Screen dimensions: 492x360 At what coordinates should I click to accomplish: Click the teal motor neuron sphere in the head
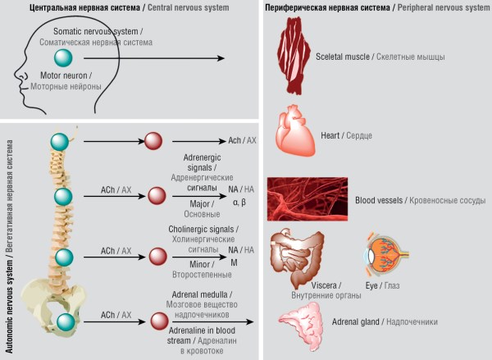[x=63, y=58]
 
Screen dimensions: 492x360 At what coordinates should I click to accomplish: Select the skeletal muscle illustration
[x=294, y=56]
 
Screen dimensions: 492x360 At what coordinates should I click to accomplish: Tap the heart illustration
[x=295, y=131]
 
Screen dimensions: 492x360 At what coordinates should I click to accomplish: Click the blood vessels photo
[x=307, y=199]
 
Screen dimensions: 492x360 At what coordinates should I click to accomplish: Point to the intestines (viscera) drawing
[x=297, y=257]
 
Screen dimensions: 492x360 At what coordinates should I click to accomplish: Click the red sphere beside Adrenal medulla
[x=159, y=321]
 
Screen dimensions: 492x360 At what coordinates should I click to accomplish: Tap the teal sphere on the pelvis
[x=66, y=322]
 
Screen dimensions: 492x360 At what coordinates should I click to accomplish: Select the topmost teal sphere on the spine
[x=60, y=142]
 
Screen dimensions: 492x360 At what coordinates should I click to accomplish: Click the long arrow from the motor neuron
[x=154, y=58]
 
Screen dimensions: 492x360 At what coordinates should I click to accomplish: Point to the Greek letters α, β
[x=239, y=203]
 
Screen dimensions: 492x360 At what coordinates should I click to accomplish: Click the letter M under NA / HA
[x=234, y=262]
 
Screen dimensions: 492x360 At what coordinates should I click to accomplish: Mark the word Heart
[x=330, y=135]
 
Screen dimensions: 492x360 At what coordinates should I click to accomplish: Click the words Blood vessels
[x=379, y=200]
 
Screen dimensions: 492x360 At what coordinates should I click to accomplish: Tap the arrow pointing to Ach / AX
[x=199, y=142]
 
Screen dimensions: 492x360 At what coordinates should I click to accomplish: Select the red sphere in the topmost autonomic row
[x=153, y=141]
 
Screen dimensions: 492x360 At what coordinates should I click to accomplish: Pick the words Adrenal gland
[x=356, y=321]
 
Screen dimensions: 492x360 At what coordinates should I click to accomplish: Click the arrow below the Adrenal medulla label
[x=212, y=321]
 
